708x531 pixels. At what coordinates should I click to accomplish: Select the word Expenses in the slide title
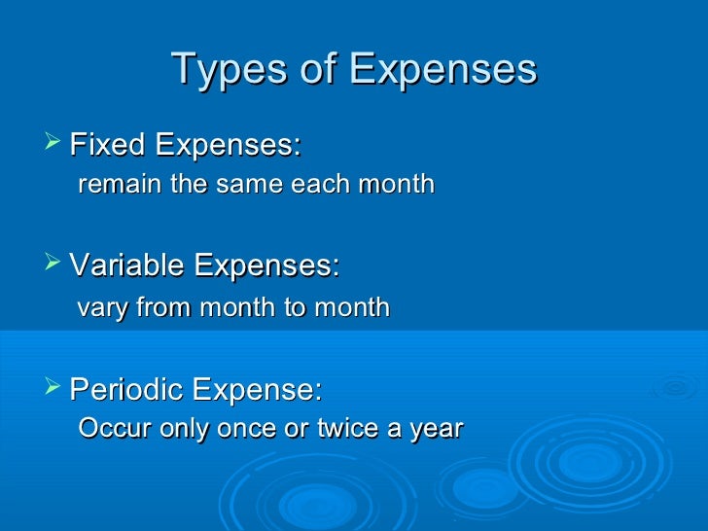(x=442, y=69)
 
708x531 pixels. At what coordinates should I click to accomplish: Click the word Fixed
(x=107, y=146)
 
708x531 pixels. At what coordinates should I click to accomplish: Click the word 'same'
(x=236, y=184)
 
